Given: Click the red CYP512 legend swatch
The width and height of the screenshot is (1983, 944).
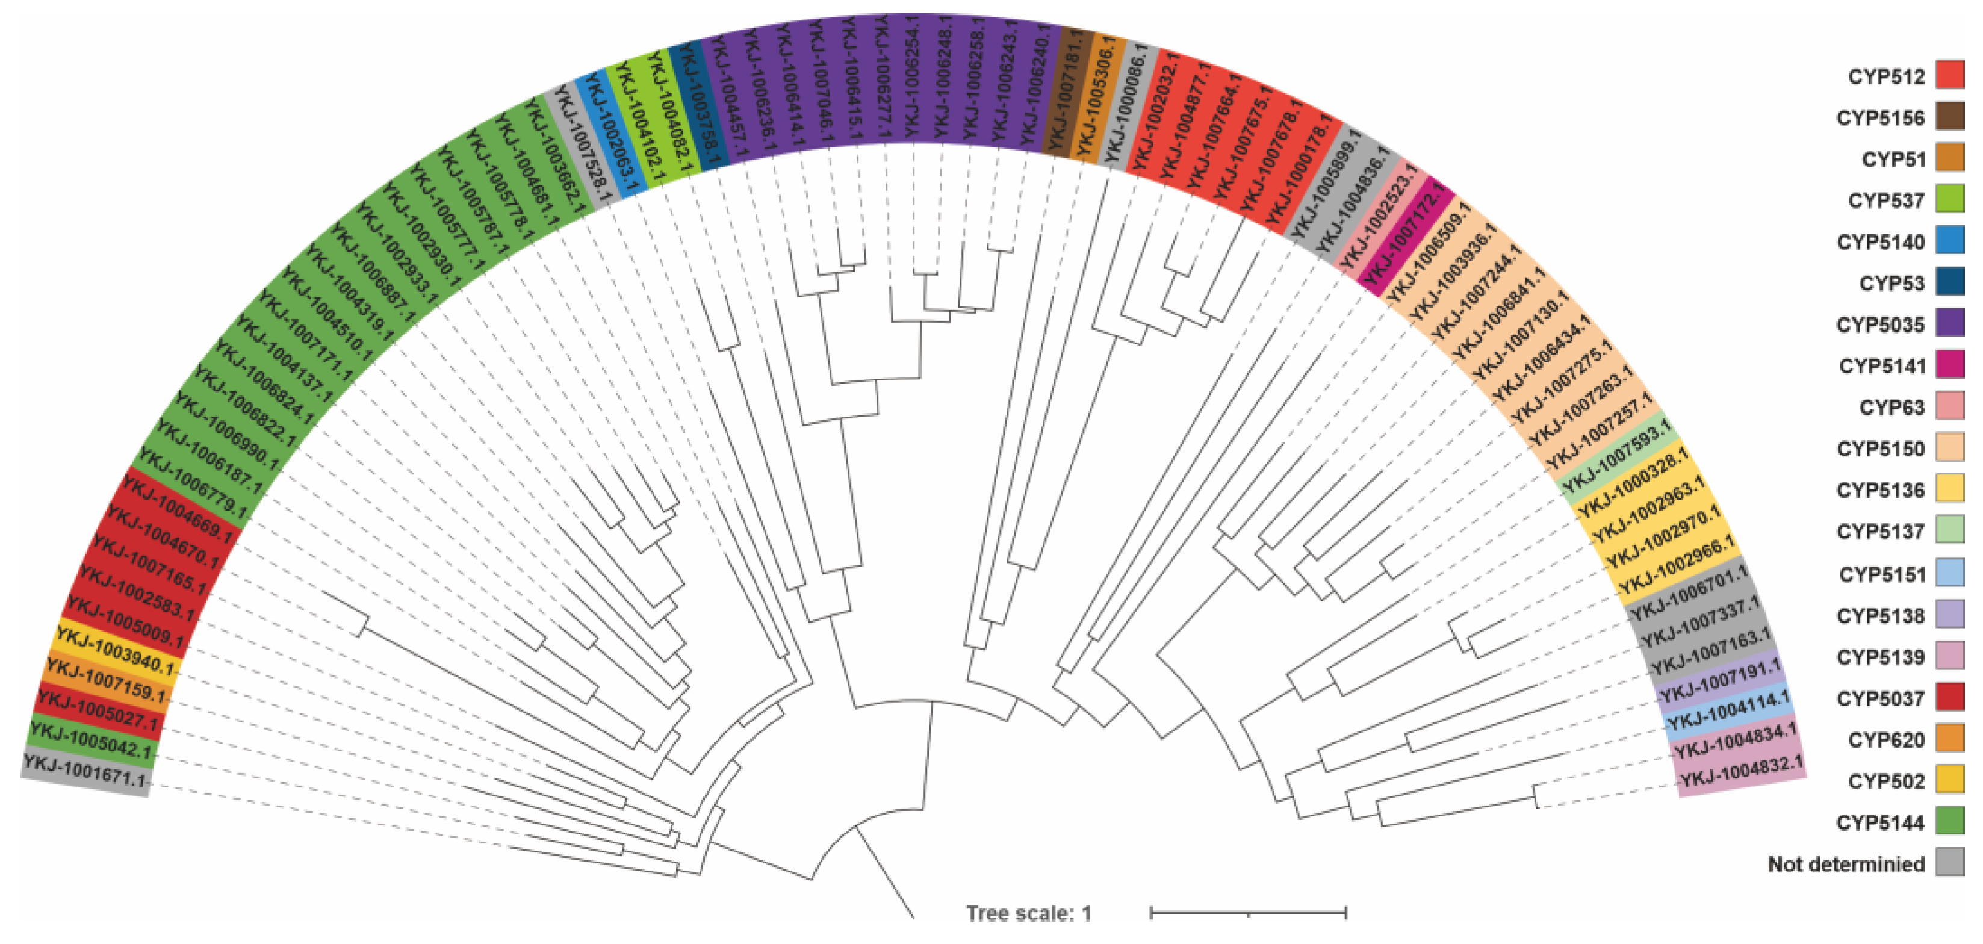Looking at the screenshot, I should pos(1950,75).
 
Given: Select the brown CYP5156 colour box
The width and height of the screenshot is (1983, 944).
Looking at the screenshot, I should pos(1950,117).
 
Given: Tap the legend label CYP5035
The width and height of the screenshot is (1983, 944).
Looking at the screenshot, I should pos(1880,325).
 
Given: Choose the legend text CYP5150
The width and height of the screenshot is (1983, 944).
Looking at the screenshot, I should pos(1880,449).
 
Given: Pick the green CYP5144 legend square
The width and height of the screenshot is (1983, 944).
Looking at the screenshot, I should pos(1950,822).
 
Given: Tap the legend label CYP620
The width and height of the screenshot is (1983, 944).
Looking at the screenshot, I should pos(1885,740).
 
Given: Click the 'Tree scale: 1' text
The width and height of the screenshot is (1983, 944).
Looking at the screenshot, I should pos(1028,913).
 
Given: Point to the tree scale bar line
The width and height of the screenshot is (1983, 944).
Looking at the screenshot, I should pos(1248,913).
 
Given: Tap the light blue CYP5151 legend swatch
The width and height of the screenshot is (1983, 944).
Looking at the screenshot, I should pos(1950,573).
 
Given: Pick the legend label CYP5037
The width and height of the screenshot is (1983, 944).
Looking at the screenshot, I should pos(1880,698).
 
